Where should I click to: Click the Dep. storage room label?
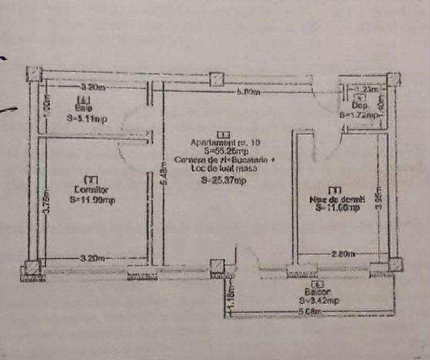coord(361,105)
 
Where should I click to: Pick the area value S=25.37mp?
coord(224,181)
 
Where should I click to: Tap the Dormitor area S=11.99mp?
coord(91,199)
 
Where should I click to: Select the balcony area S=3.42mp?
coord(319,300)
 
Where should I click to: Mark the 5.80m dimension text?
coord(248,92)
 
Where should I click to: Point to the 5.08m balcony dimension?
coord(311,312)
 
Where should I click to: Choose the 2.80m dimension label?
coord(343,254)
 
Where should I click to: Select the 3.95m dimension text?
coord(380,198)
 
